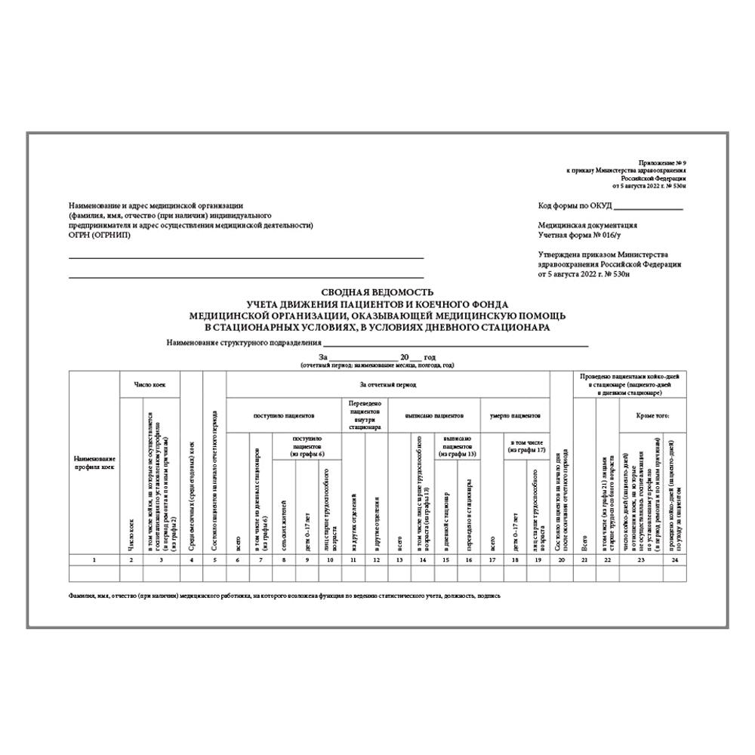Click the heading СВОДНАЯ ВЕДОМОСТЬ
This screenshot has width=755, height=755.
coord(377,291)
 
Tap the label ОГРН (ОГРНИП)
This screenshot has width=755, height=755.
coord(99,234)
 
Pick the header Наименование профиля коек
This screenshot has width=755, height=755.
coord(94,463)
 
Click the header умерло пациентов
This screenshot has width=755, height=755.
coord(515,415)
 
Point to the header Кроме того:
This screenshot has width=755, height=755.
coord(652,415)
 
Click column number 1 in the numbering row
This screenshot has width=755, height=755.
coord(94,559)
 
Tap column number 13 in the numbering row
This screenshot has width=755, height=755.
coord(399,559)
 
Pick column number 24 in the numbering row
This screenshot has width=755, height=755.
coord(674,559)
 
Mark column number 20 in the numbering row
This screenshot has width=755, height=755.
coord(561,559)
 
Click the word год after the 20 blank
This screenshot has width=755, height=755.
coord(430,356)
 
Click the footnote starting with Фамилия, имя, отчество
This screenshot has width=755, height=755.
coord(284,596)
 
